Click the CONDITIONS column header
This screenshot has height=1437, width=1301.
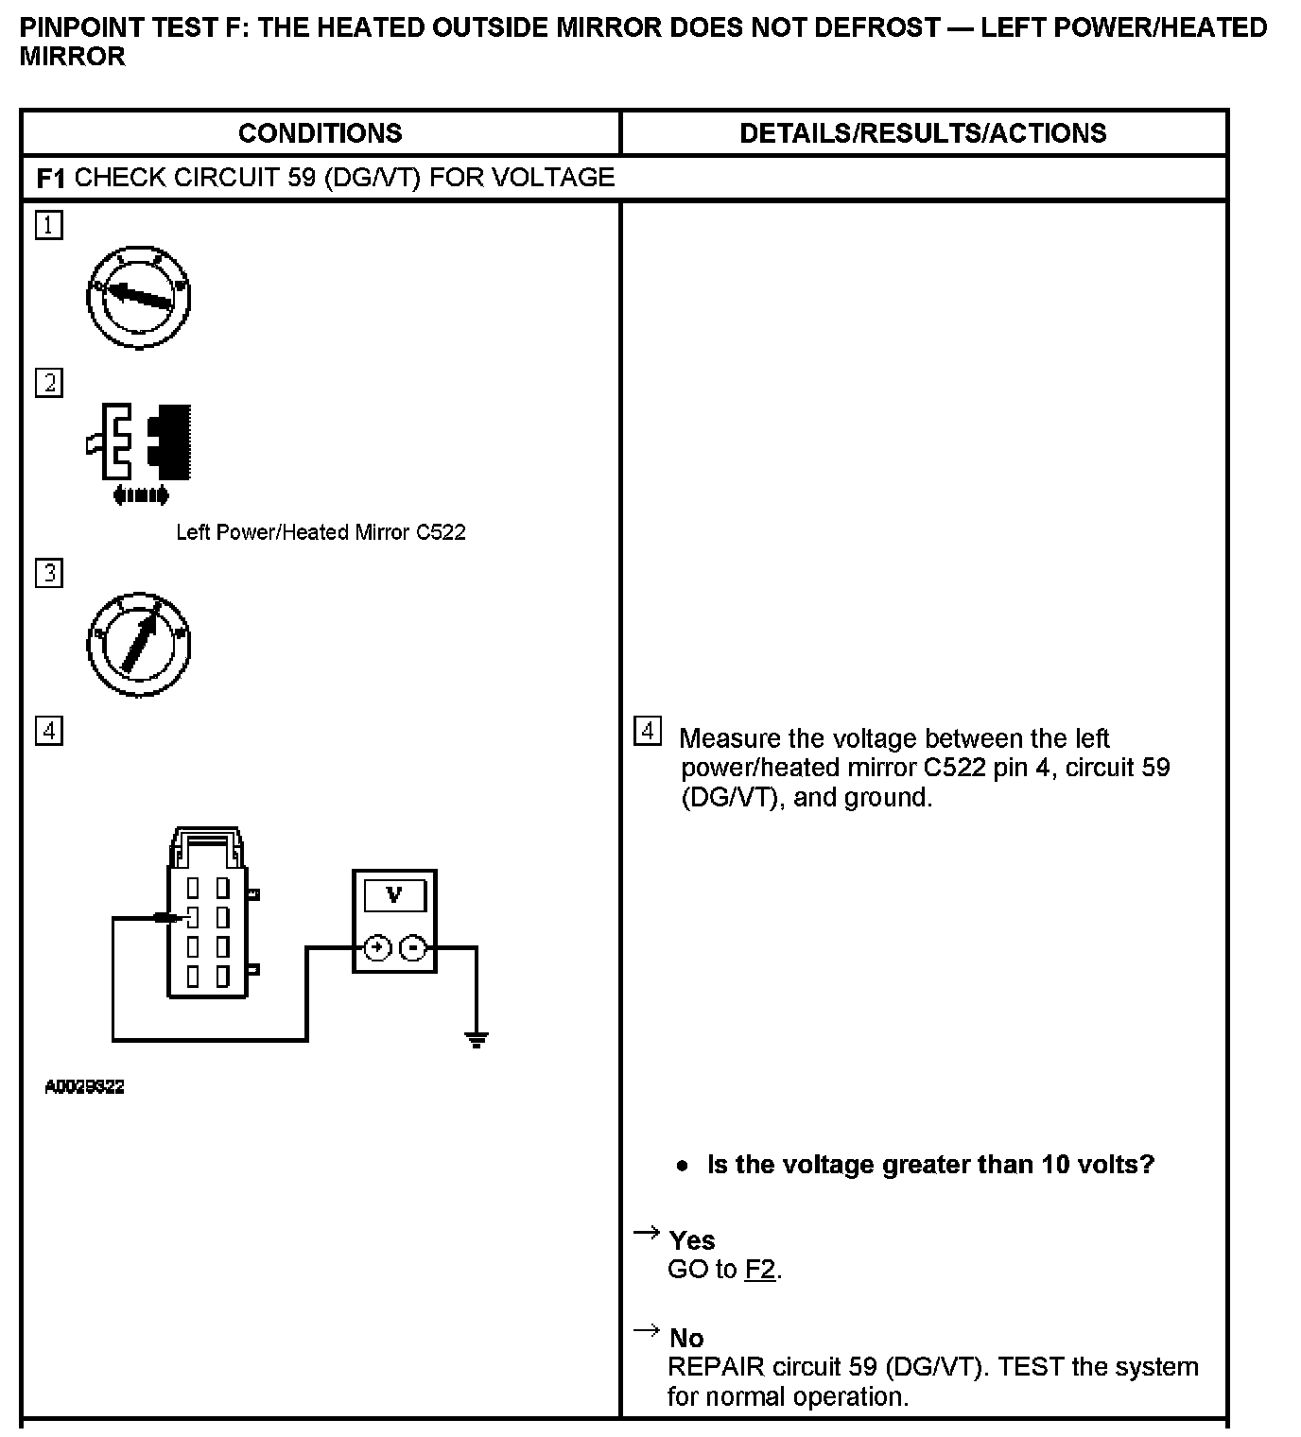[x=320, y=133]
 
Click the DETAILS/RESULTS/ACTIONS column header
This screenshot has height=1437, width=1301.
[x=923, y=133]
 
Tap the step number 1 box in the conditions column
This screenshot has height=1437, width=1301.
[x=49, y=225]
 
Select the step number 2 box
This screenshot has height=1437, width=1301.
[x=49, y=383]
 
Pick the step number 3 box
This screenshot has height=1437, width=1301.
[x=49, y=573]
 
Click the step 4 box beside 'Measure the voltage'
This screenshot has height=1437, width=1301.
[x=647, y=731]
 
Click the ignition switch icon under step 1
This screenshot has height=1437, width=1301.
[x=139, y=297]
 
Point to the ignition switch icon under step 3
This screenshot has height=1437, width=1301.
[x=139, y=645]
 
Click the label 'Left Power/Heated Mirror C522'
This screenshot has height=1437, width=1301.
[x=321, y=532]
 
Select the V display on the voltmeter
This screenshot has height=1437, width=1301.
[x=394, y=894]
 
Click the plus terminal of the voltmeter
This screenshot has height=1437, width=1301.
[x=377, y=947]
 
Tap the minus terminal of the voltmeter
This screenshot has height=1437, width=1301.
[x=413, y=947]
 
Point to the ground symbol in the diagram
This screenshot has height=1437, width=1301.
[x=477, y=1040]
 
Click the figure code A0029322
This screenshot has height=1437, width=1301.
[x=85, y=1087]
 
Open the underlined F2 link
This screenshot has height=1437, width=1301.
[x=759, y=1269]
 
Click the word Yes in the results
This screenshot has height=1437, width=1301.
[x=692, y=1240]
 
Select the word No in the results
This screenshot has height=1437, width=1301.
[x=686, y=1338]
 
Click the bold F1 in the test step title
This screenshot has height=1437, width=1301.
[x=50, y=178]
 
